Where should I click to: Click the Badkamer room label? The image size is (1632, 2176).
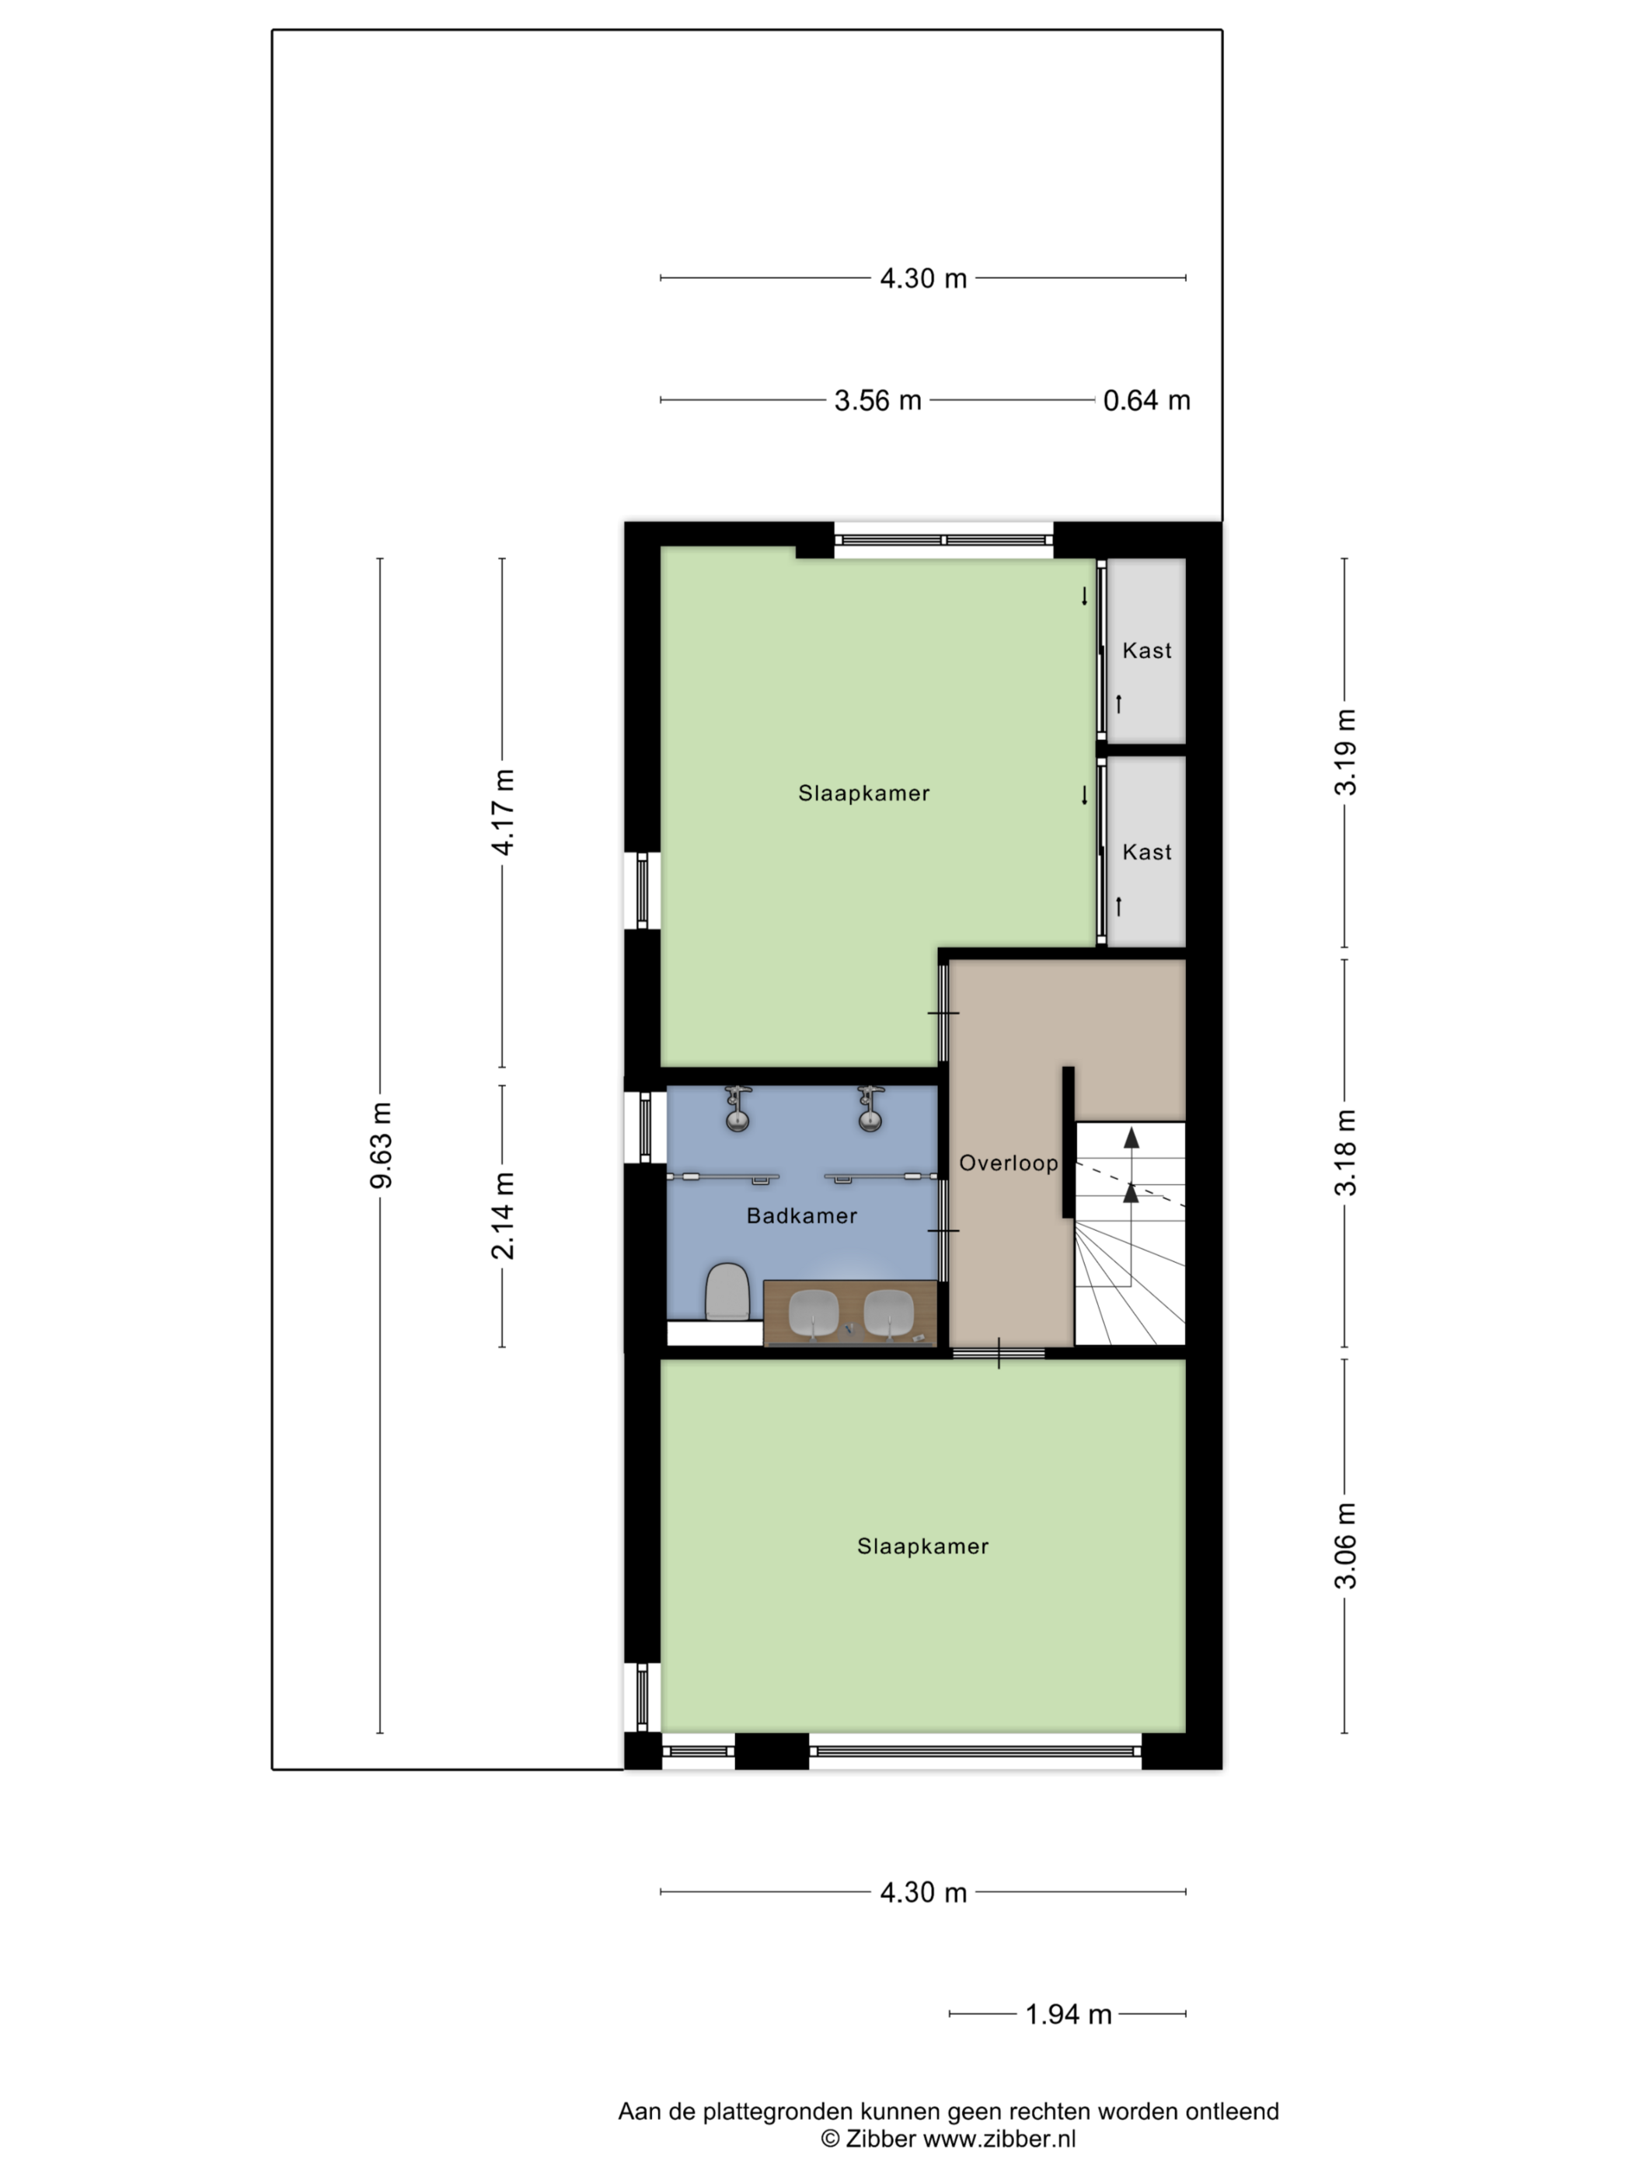coord(802,1216)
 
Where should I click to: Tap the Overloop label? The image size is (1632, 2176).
coord(1008,1163)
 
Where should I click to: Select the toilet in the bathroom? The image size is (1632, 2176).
coord(728,1292)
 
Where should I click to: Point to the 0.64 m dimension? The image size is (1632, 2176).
coord(1146,400)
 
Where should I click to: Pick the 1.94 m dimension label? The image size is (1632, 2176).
coord(1069,2014)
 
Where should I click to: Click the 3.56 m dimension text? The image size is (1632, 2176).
coord(877,400)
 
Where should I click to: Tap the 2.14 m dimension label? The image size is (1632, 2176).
coord(503,1216)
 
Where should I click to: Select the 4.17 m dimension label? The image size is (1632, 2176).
coord(503,813)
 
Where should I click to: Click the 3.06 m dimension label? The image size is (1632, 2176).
coord(1344,1546)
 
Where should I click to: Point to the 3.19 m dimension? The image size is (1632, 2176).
coord(1344,751)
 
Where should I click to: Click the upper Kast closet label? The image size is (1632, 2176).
coord(1147,650)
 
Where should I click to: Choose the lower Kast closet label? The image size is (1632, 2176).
coord(1147,852)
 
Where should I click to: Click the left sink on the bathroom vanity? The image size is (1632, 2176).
coord(814,1313)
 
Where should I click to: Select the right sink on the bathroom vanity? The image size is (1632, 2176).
coord(889,1313)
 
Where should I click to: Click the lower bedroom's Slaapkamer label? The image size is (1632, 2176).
coord(922,1547)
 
